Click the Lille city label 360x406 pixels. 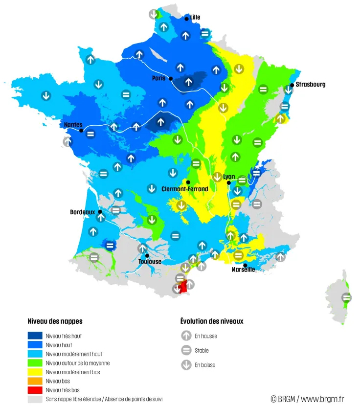[x=195, y=17]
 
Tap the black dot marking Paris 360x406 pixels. [x=171, y=78]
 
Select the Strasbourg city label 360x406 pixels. [x=310, y=85]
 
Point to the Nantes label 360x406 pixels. [x=73, y=125]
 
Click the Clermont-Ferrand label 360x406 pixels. [x=185, y=189]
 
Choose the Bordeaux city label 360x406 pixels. [x=82, y=212]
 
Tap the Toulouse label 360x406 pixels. [x=150, y=262]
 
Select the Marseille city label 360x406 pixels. [x=243, y=270]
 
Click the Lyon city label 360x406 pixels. [x=229, y=177]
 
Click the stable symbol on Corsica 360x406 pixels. [x=347, y=297]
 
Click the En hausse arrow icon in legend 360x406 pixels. [x=186, y=336]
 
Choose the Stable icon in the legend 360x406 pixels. [x=186, y=350]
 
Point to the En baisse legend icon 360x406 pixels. [x=186, y=365]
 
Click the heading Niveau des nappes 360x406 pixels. [x=55, y=321]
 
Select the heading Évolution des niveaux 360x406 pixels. [x=212, y=321]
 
